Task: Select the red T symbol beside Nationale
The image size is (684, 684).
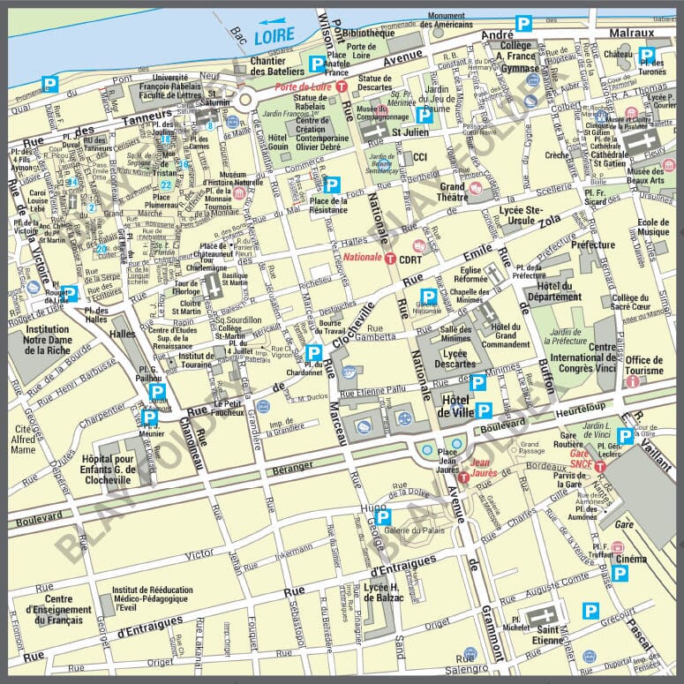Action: click(388, 257)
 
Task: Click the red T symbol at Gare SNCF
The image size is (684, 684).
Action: click(599, 465)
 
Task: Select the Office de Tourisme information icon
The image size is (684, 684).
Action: click(630, 382)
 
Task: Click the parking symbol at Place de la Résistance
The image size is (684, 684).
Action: click(332, 184)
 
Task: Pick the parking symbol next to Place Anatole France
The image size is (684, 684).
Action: click(316, 64)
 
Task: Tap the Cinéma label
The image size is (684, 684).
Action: click(631, 559)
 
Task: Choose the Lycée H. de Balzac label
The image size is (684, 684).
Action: click(383, 591)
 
